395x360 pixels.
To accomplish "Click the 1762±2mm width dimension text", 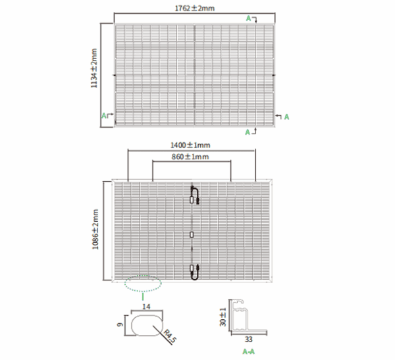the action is [194, 9].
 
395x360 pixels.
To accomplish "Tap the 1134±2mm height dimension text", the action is [93, 68].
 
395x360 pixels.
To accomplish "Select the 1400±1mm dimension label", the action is [190, 145].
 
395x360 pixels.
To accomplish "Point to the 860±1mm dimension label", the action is [190, 157].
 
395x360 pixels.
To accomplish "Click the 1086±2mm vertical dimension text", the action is [95, 229].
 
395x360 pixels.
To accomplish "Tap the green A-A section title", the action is [249, 351].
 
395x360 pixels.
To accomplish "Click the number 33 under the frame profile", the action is [249, 340].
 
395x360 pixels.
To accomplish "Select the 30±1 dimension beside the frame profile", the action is [223, 317].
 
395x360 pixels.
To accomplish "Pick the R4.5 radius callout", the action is [170, 336].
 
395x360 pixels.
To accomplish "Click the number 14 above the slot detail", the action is [146, 307].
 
